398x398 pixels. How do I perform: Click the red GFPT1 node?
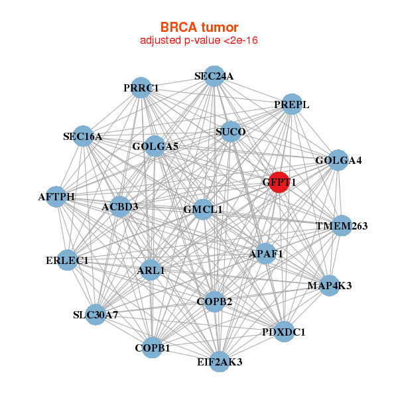[279, 182]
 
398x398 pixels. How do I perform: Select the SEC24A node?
[213, 76]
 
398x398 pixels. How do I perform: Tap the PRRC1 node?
[140, 88]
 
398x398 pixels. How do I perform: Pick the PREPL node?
[292, 105]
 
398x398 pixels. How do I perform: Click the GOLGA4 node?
[338, 161]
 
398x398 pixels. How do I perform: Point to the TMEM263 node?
[342, 226]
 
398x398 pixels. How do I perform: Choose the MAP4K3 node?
[330, 285]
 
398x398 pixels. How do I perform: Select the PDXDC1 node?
[284, 332]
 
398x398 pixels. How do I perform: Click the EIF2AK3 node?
[220, 362]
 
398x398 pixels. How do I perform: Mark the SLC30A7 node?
[96, 314]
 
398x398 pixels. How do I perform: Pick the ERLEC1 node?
[67, 260]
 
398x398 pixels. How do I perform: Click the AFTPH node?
[56, 197]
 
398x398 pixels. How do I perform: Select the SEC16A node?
[82, 137]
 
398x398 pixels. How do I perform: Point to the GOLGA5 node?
[155, 146]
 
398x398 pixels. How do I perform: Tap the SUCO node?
[231, 132]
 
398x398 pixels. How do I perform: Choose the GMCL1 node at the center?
[203, 210]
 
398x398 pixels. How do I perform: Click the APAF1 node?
[266, 253]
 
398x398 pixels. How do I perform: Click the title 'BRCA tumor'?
[199, 27]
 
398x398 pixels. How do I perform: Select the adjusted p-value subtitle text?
[199, 40]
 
